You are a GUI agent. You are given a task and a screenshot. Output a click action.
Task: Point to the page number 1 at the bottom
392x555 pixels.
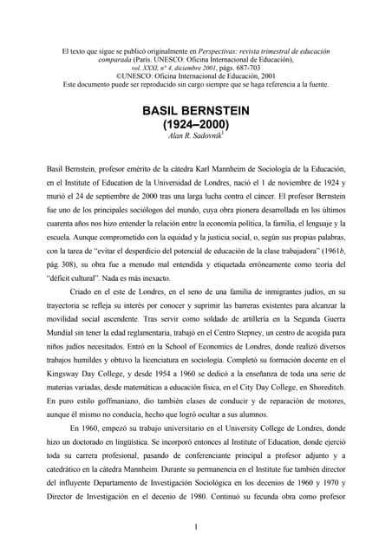tap(196, 526)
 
